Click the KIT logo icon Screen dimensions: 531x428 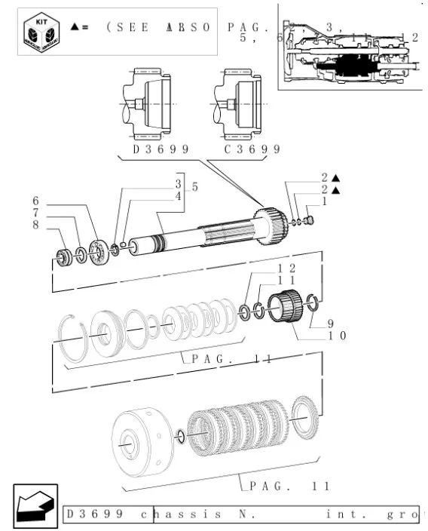point(38,32)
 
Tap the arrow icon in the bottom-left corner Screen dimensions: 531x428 point(34,502)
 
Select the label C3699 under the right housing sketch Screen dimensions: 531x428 point(252,149)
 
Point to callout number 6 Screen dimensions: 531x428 point(35,201)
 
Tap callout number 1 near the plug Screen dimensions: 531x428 point(325,201)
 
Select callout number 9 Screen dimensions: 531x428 point(330,324)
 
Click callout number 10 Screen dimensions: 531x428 point(335,336)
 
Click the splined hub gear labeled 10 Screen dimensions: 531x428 point(286,308)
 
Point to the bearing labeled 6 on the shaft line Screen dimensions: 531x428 point(96,250)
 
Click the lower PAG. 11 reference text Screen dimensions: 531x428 point(290,486)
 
